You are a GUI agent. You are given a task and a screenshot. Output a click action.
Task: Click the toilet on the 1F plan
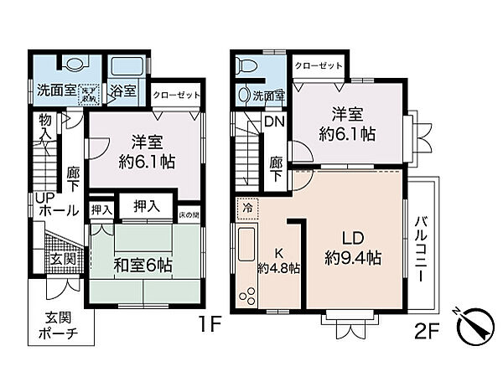[x=73, y=64]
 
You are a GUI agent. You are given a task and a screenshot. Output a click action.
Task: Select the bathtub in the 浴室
[x=128, y=65]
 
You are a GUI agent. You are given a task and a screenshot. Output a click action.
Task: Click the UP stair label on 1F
[x=44, y=198]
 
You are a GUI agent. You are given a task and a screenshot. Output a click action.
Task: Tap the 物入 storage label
[x=45, y=127]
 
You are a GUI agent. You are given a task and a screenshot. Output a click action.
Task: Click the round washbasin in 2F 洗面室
[x=244, y=96]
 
